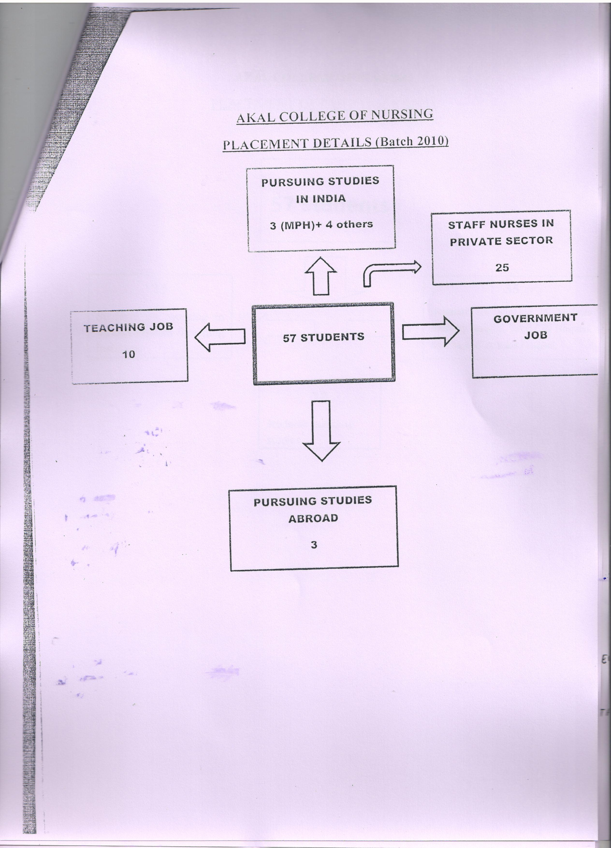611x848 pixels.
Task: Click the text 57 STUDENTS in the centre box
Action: click(323, 337)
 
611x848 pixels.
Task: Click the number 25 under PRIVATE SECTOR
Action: click(502, 267)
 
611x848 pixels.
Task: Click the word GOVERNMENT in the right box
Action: click(535, 318)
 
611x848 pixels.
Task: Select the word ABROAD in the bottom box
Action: click(313, 518)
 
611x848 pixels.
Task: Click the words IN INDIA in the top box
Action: click(321, 199)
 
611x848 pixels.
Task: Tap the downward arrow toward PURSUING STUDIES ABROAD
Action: click(321, 431)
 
